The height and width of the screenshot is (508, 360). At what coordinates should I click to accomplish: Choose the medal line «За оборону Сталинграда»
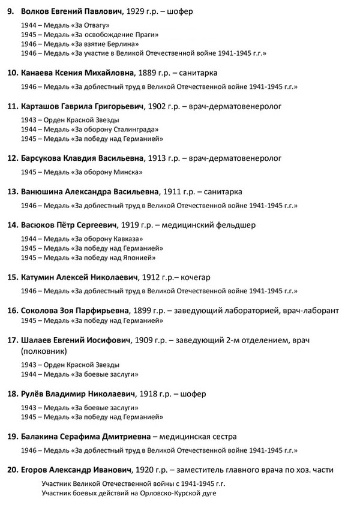pyautogui.click(x=89, y=129)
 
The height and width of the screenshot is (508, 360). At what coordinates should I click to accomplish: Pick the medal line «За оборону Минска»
pyautogui.click(x=81, y=172)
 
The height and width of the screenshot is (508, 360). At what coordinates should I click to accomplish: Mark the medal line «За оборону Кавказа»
pyautogui.click(x=83, y=239)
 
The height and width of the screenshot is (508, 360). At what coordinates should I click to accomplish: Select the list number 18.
pyautogui.click(x=11, y=394)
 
